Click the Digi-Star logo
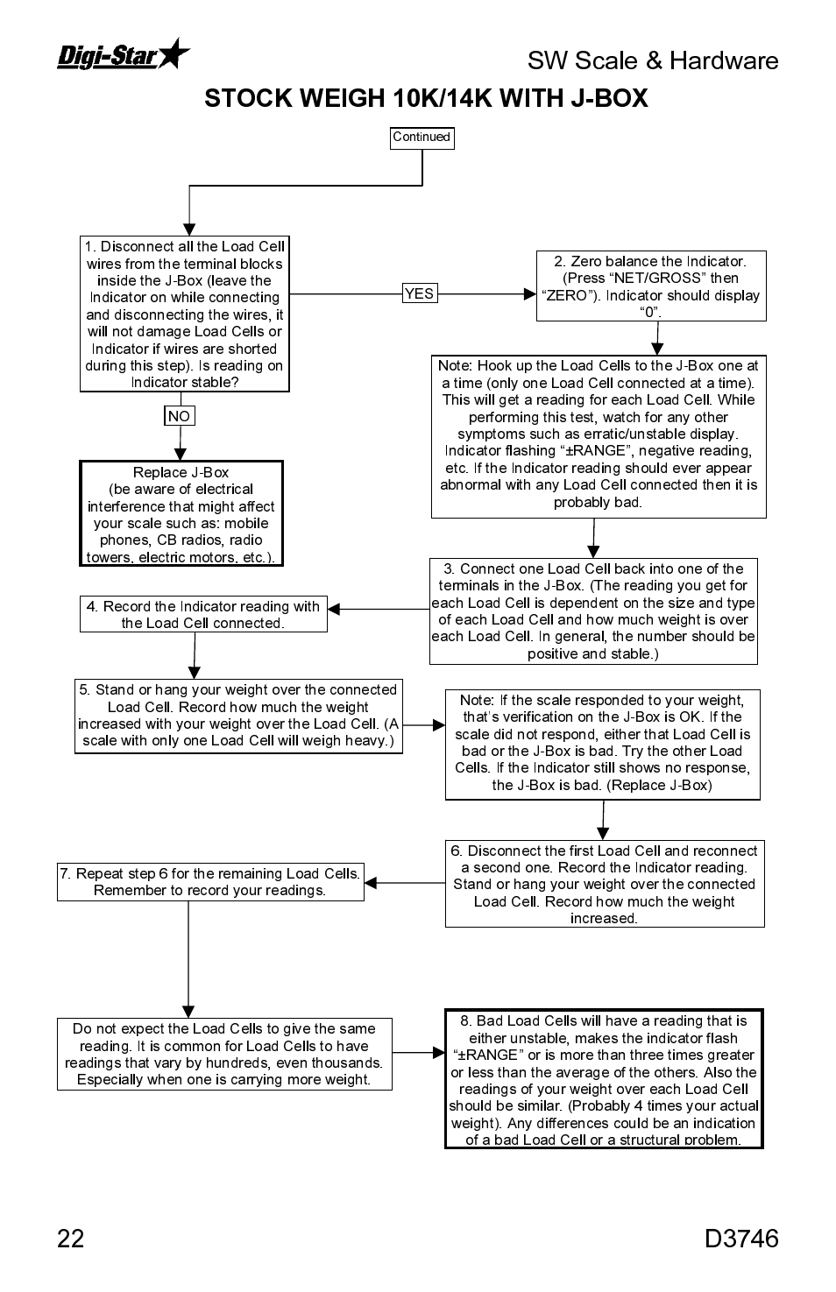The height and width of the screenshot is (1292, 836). [123, 54]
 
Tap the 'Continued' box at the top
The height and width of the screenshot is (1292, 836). [422, 138]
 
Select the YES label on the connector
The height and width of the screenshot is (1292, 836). [419, 294]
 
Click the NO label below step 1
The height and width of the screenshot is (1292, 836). [179, 416]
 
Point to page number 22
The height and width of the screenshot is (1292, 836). [71, 1238]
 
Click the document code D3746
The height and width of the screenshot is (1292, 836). [740, 1238]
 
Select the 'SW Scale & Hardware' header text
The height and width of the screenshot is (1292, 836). [653, 60]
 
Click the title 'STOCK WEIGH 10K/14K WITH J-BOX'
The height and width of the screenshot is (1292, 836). [426, 98]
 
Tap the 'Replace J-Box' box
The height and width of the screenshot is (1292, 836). [181, 514]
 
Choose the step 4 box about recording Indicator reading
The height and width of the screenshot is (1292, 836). [203, 615]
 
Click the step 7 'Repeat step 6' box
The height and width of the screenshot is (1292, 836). [210, 882]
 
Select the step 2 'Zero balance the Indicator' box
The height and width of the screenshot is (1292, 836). [650, 286]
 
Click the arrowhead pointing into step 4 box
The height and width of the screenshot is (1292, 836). [334, 609]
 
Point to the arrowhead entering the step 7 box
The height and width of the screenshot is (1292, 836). [371, 882]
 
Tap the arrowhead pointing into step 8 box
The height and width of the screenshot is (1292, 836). [439, 1052]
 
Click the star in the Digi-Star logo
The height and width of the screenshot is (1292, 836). [174, 53]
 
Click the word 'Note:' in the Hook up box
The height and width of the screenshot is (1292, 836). [455, 366]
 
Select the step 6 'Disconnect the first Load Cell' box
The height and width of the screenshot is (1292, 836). [604, 884]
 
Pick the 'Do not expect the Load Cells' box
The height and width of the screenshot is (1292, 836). [224, 1054]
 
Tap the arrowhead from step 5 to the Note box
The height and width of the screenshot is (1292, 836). [439, 724]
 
